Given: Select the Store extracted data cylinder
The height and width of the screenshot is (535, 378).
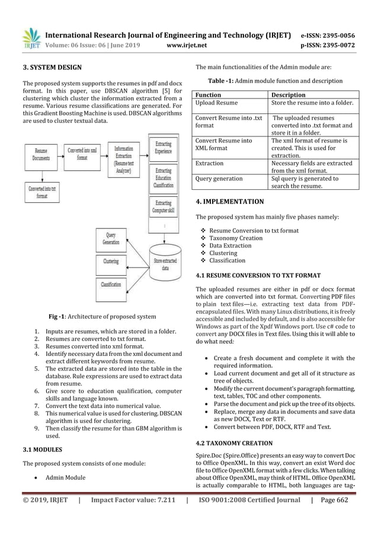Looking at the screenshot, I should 164,260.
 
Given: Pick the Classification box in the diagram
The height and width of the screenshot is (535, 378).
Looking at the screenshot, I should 111,285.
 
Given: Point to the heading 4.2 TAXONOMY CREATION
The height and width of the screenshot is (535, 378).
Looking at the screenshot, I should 234,442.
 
